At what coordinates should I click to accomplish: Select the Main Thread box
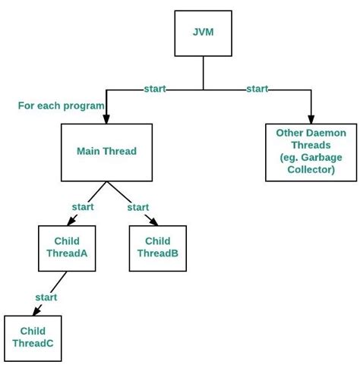107,152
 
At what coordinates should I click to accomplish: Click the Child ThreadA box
66,248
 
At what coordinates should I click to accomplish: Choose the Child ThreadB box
156,248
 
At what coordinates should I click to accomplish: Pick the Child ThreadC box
33,338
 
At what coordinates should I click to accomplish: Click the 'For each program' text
61,105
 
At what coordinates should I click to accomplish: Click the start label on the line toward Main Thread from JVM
156,90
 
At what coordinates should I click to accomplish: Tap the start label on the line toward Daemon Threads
257,90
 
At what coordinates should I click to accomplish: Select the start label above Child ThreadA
82,206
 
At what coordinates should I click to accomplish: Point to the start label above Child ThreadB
137,206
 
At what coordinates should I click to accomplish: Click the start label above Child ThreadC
46,297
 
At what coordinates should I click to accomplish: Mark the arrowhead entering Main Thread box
106,119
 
